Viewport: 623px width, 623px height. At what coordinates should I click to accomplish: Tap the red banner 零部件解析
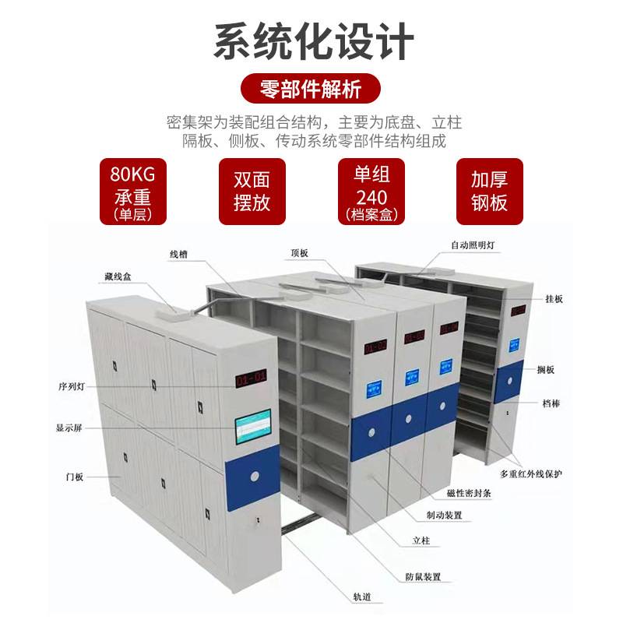pos(311,90)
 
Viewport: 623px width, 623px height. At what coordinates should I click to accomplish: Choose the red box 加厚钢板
pos(489,191)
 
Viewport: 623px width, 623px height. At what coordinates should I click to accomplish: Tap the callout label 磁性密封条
pos(447,494)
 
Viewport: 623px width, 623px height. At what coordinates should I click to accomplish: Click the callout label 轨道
pos(361,597)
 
